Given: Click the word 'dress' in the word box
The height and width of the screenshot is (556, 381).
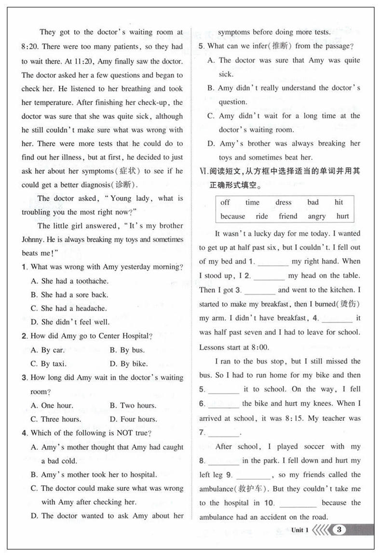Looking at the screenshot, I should point(284,202).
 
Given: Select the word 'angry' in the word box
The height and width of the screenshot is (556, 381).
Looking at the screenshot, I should point(316,216).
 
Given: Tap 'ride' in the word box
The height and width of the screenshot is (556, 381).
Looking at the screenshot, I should point(262,216).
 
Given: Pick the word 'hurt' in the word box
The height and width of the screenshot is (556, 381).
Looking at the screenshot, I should point(342,216).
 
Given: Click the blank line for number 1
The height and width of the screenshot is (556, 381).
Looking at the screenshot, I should point(273,262).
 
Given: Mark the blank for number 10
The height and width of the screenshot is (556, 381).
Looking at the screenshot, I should point(298,504).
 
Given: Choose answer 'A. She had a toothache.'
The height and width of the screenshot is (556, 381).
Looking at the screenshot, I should point(69,281).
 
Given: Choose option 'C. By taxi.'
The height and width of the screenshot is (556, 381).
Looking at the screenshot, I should point(49,364).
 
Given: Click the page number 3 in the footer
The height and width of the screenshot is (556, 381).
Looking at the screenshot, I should point(340,530).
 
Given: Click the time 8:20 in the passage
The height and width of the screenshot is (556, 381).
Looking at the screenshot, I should point(30,47).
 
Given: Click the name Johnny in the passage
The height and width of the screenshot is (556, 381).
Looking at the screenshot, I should point(32,239).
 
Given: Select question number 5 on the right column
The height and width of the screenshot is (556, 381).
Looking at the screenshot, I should point(201,46).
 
